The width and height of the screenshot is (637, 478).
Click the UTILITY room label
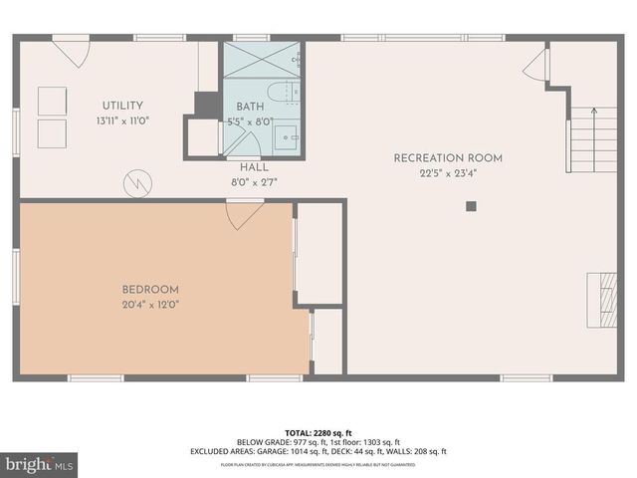pos(122,106)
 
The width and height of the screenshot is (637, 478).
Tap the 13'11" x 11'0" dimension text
pos(122,121)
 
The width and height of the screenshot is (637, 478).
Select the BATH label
pos(249,107)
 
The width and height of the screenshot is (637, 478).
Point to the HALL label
pos(254,167)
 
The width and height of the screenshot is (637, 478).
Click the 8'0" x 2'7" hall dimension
pos(254,183)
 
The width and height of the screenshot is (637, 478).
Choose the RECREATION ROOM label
pos(448,157)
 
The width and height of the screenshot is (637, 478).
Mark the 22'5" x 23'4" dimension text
pos(448,174)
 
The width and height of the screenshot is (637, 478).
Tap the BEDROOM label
pos(150,290)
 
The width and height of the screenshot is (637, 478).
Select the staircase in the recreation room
pos(591,139)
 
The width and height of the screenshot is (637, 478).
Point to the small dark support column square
pos(471,206)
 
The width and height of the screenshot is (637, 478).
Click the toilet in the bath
pos(290,93)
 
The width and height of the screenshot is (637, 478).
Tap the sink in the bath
pos(287,136)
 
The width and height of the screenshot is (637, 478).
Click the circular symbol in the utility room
pos(136,184)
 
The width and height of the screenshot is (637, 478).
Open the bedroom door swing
pos(244,214)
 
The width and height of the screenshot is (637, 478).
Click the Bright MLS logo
pos(40,464)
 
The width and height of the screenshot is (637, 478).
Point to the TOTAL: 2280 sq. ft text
pos(318,432)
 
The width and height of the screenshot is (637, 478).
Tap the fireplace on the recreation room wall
pos(602,300)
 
